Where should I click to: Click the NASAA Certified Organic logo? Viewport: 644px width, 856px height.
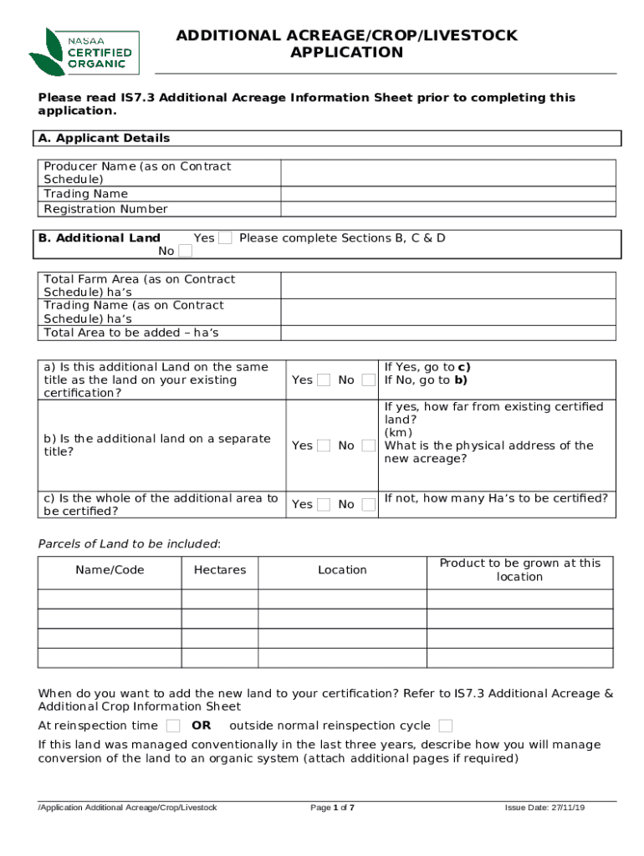click(x=84, y=52)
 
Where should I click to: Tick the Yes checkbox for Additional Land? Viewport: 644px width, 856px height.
click(x=225, y=238)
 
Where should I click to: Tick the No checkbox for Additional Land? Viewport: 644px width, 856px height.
click(x=185, y=251)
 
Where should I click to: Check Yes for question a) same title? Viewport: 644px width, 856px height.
click(x=324, y=380)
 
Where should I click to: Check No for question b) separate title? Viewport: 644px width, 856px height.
click(x=368, y=446)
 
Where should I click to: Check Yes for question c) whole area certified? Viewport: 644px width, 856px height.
click(x=324, y=504)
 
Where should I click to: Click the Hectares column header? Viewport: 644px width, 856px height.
click(x=220, y=570)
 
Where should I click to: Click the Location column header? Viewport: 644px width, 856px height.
click(x=342, y=570)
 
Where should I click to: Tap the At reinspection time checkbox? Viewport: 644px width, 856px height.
click(x=173, y=726)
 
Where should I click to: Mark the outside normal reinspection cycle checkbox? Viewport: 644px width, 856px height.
click(x=446, y=726)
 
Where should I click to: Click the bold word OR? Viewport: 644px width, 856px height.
click(x=202, y=726)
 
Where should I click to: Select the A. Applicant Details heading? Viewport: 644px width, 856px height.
click(x=104, y=138)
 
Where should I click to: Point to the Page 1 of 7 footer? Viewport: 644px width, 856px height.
click(x=332, y=808)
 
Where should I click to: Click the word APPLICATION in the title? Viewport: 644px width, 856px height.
click(x=346, y=53)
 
